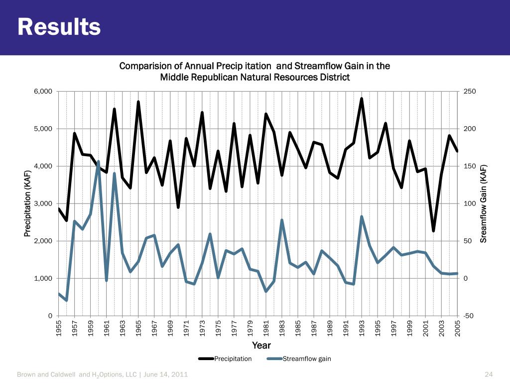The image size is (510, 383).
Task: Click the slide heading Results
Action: click(x=59, y=27)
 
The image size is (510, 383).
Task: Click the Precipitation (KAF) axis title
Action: click(x=28, y=203)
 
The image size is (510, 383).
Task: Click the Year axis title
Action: click(x=261, y=345)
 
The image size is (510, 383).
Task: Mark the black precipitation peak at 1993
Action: click(x=362, y=99)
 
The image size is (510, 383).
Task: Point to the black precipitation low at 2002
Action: click(x=433, y=231)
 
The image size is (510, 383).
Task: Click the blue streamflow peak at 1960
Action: click(x=99, y=162)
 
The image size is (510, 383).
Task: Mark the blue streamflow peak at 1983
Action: click(x=282, y=220)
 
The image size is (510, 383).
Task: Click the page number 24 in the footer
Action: click(x=488, y=375)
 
